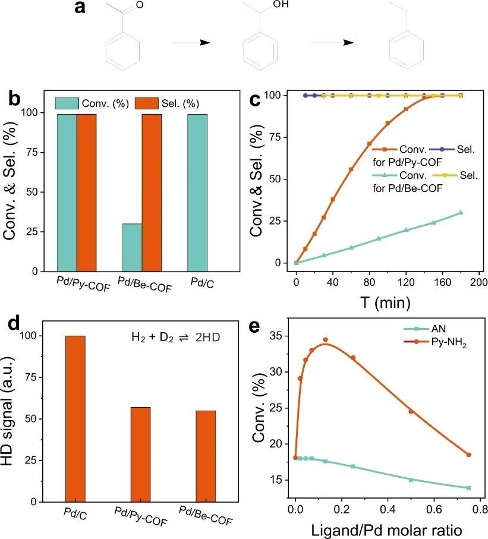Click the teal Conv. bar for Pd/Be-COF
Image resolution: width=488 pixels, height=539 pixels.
[x=131, y=247]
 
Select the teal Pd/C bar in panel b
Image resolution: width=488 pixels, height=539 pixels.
[x=197, y=192]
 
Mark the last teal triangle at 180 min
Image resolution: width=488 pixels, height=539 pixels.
[x=461, y=212]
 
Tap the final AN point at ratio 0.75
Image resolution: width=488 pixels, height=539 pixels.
[x=468, y=488]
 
